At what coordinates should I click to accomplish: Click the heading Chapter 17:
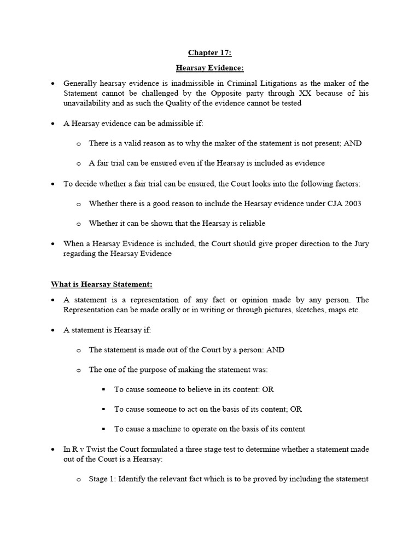[210, 53]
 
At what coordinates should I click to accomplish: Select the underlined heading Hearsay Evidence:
[210, 68]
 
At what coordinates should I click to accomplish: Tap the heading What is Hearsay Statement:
[102, 284]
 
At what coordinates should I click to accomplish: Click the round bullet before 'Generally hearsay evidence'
[53, 84]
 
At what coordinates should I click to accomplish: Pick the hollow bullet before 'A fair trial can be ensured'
[79, 164]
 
